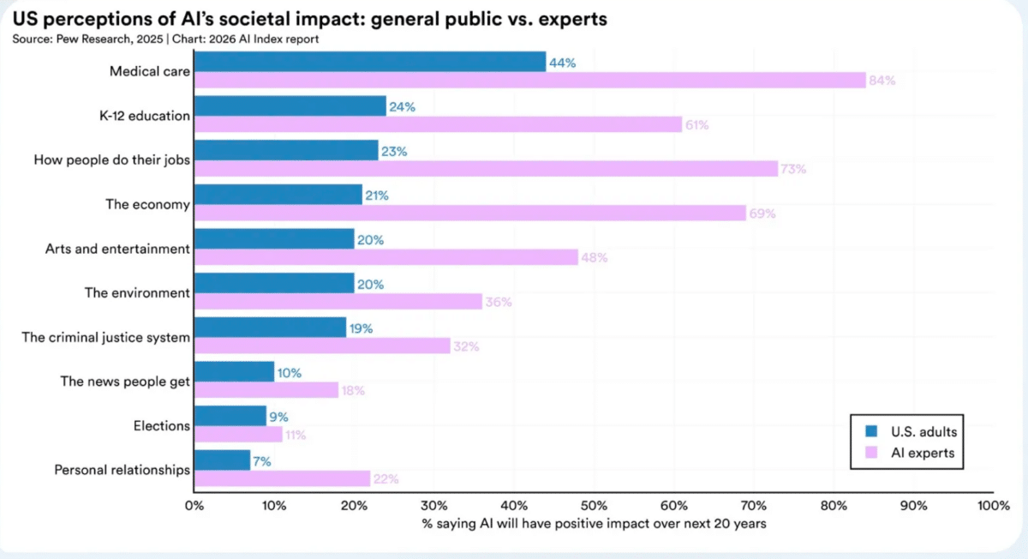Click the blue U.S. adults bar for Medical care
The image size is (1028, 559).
tap(370, 62)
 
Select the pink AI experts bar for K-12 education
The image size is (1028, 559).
tap(438, 124)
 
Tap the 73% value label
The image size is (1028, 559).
tap(793, 169)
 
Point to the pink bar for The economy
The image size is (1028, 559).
tap(470, 213)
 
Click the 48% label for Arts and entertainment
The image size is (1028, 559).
tap(595, 258)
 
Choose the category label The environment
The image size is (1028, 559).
tap(137, 293)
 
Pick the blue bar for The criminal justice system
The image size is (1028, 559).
tap(271, 328)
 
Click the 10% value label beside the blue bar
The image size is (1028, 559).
tap(290, 373)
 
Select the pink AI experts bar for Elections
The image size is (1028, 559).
tap(238, 435)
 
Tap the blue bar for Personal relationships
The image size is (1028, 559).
tap(222, 460)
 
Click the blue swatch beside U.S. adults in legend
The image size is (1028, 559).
tap(871, 431)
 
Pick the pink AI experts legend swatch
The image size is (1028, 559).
tap(871, 453)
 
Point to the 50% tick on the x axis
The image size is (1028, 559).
tap(594, 506)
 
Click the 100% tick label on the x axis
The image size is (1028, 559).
tap(994, 506)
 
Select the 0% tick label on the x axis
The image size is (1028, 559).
tap(194, 506)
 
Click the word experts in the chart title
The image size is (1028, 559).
tap(573, 20)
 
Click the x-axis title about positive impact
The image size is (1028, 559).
tap(594, 524)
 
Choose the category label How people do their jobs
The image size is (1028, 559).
tap(111, 159)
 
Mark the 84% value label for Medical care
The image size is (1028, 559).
tap(882, 81)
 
